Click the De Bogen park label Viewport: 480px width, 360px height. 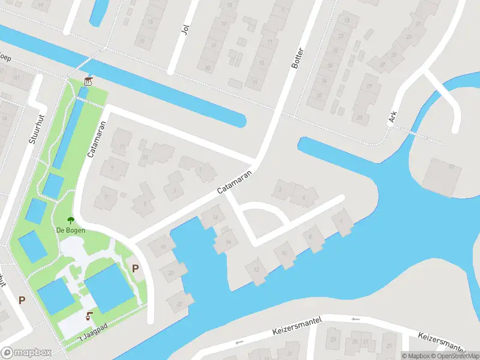70,230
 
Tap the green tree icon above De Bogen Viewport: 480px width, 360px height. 70,220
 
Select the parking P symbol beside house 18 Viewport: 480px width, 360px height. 135,268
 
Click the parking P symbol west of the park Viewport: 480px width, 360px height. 22,300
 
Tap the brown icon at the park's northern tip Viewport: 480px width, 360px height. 89,81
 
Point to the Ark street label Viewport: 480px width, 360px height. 392,116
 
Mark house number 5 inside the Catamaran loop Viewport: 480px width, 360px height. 144,202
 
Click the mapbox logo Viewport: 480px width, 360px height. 26,353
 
